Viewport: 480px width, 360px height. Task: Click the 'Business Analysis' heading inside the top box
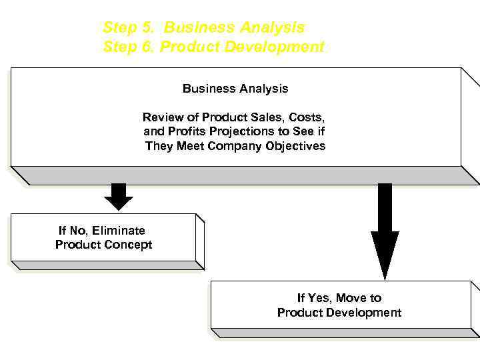click(x=235, y=88)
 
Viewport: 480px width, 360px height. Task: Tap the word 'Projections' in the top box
click(x=241, y=131)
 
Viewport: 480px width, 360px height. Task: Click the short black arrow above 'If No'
click(x=119, y=196)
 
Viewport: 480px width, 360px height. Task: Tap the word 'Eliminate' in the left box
click(x=118, y=231)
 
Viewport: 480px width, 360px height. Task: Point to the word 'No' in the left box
click(x=77, y=231)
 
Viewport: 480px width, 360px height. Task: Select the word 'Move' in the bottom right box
click(x=351, y=298)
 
